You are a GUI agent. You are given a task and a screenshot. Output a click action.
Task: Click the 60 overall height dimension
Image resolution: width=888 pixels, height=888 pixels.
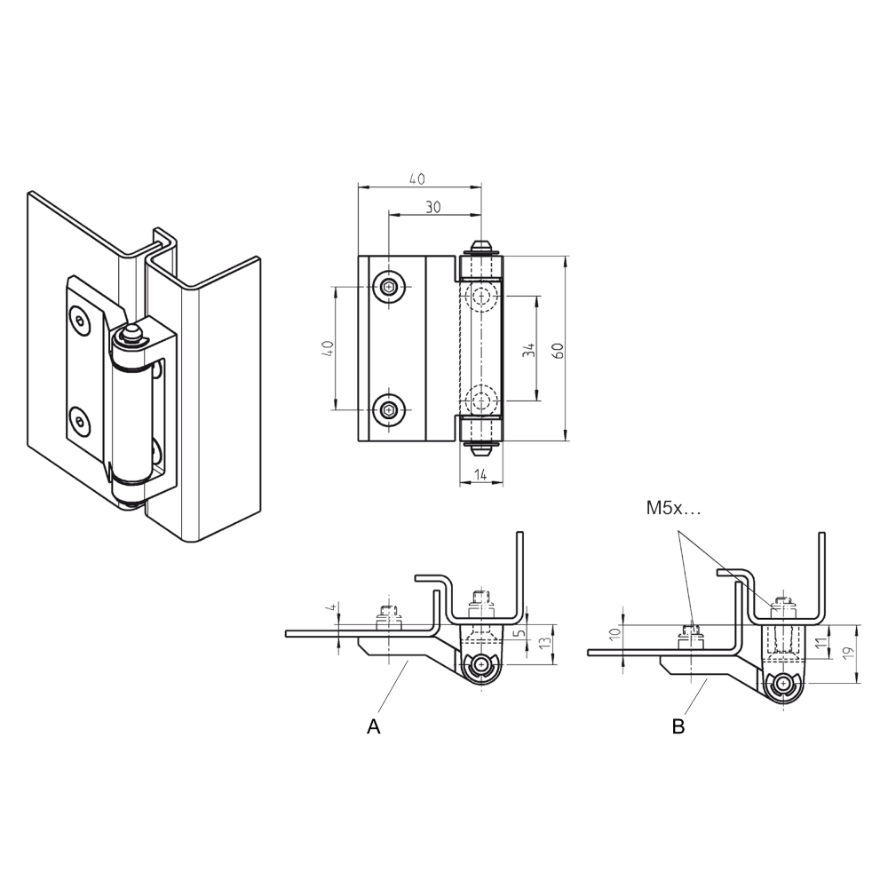pyautogui.click(x=558, y=350)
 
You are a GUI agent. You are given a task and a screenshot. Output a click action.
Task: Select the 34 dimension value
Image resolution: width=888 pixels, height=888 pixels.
pyautogui.click(x=528, y=350)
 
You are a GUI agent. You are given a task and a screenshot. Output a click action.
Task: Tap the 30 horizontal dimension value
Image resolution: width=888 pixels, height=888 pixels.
pyautogui.click(x=433, y=207)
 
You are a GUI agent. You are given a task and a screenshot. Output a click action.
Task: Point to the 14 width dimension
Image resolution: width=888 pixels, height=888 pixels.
pyautogui.click(x=480, y=474)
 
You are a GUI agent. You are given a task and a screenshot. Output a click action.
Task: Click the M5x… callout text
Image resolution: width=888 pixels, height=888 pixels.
pyautogui.click(x=673, y=509)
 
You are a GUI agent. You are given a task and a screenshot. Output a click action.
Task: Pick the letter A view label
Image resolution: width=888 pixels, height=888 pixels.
pyautogui.click(x=374, y=726)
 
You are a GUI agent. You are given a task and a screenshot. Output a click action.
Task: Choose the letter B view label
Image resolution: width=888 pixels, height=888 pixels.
pyautogui.click(x=678, y=726)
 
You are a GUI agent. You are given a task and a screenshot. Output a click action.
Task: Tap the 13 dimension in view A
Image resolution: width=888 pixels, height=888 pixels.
pyautogui.click(x=545, y=644)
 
